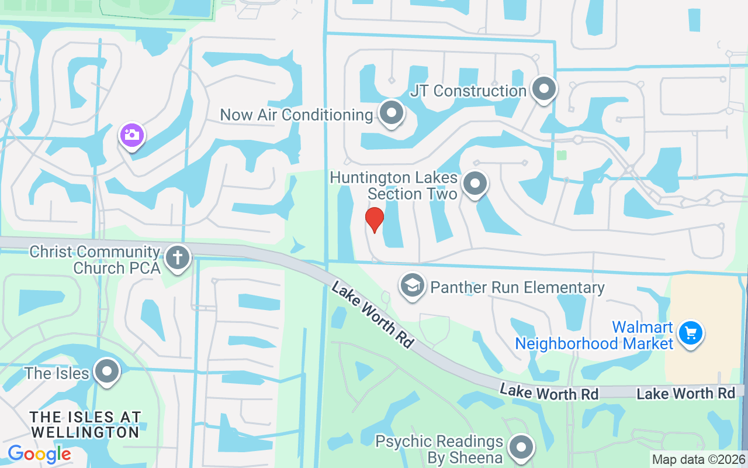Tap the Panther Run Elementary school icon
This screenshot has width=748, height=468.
tap(413, 286)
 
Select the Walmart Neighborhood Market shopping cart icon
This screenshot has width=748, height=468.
tap(690, 333)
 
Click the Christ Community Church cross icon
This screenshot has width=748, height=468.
tap(178, 257)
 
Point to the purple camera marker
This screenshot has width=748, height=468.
tap(132, 135)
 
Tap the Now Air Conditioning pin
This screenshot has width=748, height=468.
tap(391, 113)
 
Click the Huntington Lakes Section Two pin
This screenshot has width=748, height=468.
tap(475, 184)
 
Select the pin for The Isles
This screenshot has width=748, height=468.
tap(106, 371)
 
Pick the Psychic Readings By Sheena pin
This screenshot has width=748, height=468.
tap(520, 448)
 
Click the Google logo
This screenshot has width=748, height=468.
tap(39, 454)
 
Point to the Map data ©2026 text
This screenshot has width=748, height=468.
tap(699, 459)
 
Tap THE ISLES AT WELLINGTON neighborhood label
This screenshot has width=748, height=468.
tap(85, 425)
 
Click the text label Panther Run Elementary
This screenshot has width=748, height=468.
tap(517, 287)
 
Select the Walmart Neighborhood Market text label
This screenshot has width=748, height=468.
tap(594, 335)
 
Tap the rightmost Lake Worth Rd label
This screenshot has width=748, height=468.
tap(685, 393)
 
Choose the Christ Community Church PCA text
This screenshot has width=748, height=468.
tap(95, 260)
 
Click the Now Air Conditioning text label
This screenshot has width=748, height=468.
tap(296, 115)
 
